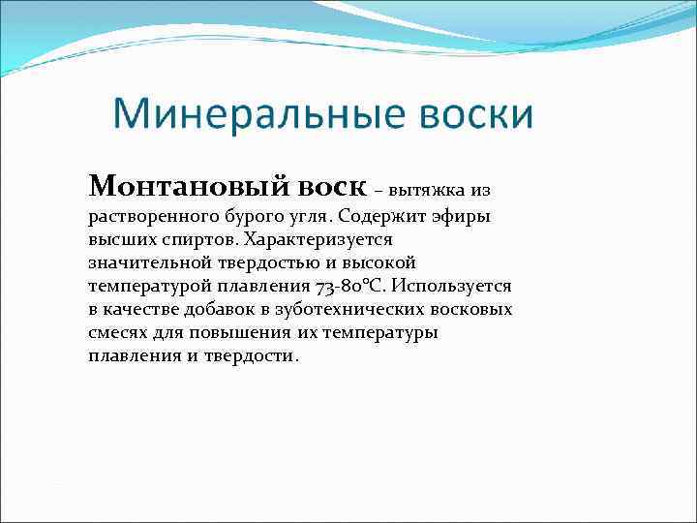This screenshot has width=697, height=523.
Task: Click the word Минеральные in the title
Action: pyautogui.click(x=258, y=115)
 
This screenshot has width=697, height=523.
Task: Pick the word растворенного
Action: pyautogui.click(x=141, y=216)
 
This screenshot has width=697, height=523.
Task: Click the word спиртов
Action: pyautogui.click(x=201, y=239)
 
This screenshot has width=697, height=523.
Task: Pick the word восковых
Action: pyautogui.click(x=474, y=309)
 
